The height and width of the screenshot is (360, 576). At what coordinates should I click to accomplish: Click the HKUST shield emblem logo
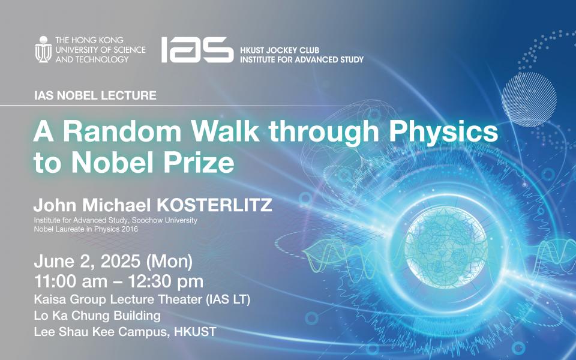point(43,49)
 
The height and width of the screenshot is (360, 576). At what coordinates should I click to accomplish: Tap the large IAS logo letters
point(197,50)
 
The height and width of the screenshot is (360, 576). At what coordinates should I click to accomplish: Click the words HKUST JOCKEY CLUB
point(280,50)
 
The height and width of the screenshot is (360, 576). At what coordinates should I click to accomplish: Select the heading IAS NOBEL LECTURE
point(95,95)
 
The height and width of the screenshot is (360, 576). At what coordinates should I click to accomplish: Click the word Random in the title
point(122,131)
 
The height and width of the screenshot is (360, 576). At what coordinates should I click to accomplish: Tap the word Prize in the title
point(199,163)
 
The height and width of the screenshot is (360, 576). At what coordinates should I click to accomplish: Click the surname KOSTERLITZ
point(215,205)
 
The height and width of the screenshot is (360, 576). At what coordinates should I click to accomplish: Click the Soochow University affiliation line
point(116,220)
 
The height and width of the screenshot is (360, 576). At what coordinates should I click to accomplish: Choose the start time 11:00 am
point(71,281)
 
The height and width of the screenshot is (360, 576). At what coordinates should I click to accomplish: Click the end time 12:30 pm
point(166,282)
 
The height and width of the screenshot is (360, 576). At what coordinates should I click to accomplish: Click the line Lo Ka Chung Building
point(97,316)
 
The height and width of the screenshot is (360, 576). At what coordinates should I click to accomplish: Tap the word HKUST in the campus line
point(195,332)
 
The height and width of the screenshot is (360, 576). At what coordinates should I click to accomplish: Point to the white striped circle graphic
point(529,99)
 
